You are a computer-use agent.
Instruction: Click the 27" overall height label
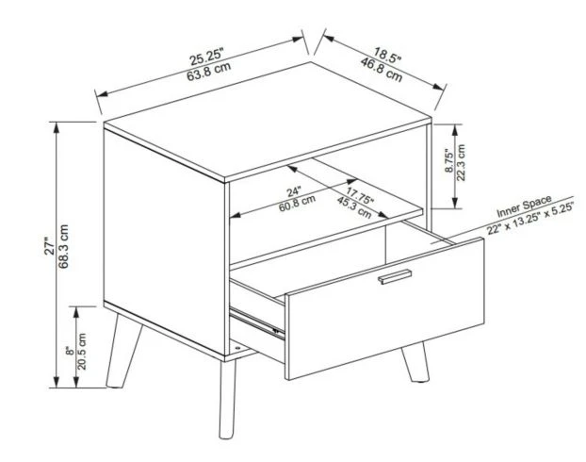[49, 248]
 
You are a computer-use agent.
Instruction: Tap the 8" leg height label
[69, 351]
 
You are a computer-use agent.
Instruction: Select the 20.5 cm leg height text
[83, 351]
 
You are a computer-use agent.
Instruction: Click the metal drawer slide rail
[256, 319]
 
